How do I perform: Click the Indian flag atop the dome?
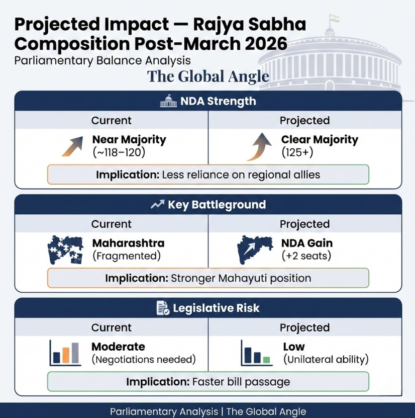coord(334,19)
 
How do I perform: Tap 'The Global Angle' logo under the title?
coord(208,76)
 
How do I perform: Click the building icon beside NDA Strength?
coord(168,101)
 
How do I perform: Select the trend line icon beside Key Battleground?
coord(157,205)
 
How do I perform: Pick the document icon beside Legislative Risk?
coord(163,308)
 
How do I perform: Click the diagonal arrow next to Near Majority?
coord(72,146)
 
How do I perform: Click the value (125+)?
coord(297,152)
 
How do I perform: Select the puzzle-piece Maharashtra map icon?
coord(65,249)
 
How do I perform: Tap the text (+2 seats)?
coord(306,256)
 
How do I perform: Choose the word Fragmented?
coord(127,256)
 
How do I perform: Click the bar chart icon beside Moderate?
coord(65,353)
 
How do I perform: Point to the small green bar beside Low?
coord(266,360)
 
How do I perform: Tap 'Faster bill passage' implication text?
coord(241,382)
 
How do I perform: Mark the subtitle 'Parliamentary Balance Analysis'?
coord(102,61)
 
